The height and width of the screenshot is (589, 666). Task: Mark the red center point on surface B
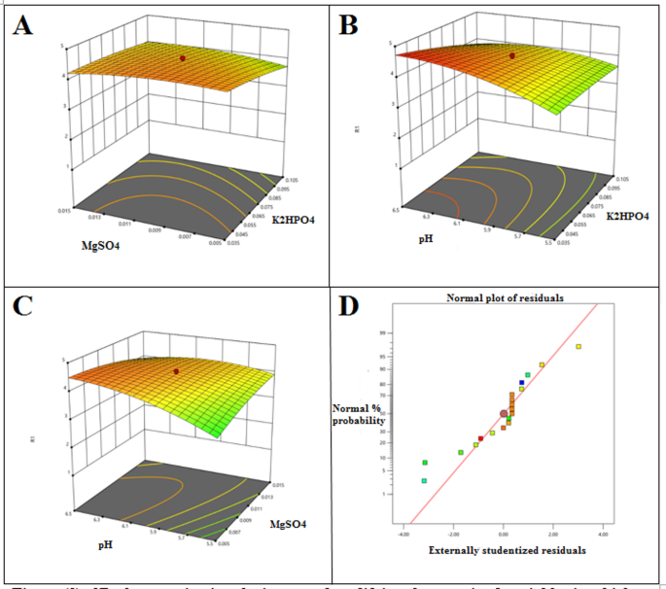tap(512, 55)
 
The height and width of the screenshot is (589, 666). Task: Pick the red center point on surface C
tap(176, 371)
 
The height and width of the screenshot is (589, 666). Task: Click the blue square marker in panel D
tap(521, 383)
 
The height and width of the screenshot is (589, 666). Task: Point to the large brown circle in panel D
tap(504, 414)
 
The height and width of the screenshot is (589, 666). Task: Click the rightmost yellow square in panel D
tap(578, 347)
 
